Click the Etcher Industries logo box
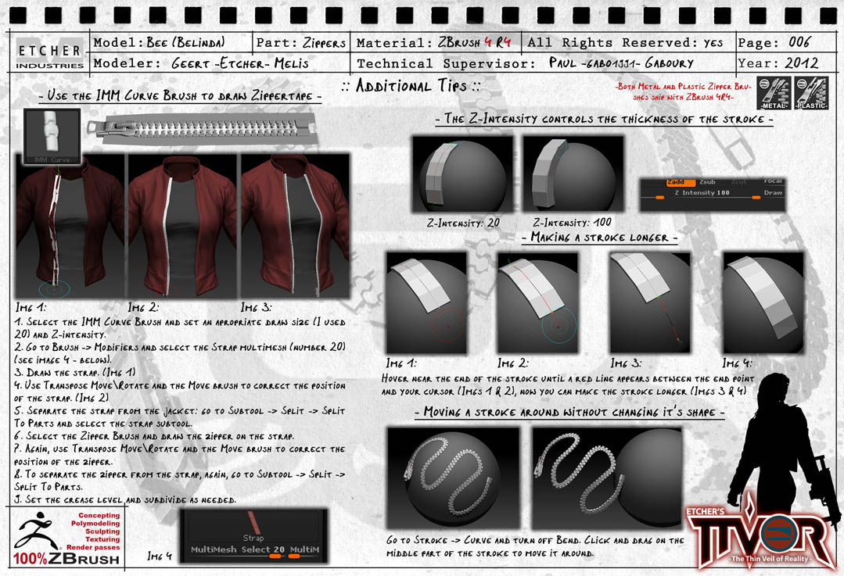(50, 52)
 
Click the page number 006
(795, 42)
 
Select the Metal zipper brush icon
(773, 93)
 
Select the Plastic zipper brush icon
(810, 93)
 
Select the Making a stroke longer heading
(599, 237)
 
